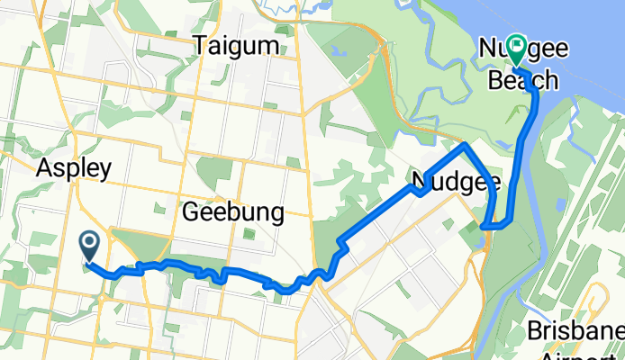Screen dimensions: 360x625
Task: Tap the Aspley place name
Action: click(74, 168)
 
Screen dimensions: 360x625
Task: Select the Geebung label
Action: click(232, 213)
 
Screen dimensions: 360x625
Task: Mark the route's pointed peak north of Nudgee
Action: click(464, 144)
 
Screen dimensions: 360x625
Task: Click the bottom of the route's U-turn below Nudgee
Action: click(487, 226)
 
